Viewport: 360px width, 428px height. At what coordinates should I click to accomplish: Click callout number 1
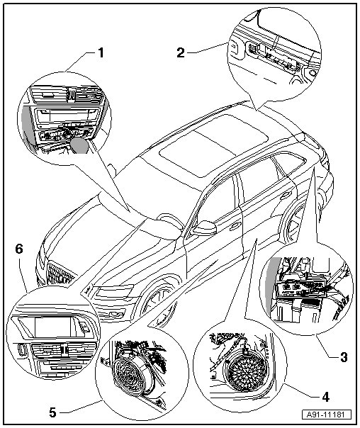click(101, 52)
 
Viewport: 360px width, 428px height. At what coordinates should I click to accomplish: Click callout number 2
click(181, 52)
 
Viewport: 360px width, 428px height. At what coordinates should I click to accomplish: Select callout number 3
click(344, 357)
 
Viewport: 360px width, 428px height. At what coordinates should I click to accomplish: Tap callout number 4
click(325, 397)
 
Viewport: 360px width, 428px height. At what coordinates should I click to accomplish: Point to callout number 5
click(52, 412)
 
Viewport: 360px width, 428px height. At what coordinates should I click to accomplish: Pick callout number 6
click(19, 249)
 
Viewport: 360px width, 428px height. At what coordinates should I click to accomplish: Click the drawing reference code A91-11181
click(327, 415)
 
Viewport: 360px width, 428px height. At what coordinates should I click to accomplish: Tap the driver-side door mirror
click(206, 228)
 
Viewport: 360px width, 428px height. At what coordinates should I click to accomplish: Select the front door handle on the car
click(235, 225)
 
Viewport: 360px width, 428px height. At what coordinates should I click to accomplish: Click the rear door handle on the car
click(286, 194)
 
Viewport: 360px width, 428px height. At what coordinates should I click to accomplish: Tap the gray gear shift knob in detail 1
click(79, 145)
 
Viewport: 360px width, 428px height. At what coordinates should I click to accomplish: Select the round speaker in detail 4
click(244, 371)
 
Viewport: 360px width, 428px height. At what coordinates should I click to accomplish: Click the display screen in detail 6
click(53, 327)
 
